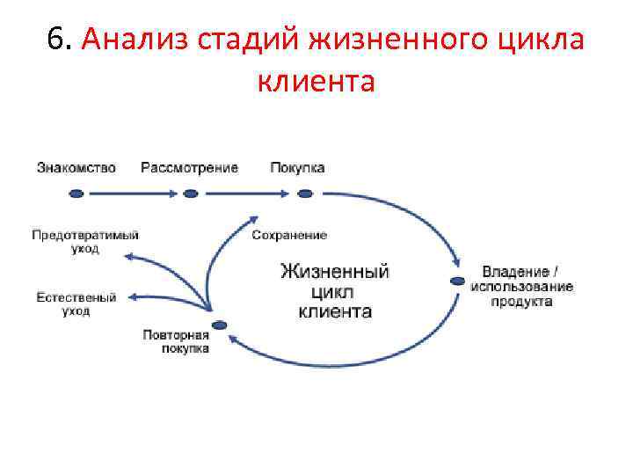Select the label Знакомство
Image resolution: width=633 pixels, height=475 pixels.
point(76,168)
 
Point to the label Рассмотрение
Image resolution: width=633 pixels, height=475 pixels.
point(189,168)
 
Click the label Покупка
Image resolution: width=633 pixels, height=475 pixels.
point(297,168)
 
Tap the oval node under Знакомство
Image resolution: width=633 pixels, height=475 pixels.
point(76,194)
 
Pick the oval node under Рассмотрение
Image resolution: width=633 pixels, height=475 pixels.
point(191,194)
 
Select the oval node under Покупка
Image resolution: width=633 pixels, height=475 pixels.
point(305,194)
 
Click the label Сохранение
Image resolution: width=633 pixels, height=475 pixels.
point(289,236)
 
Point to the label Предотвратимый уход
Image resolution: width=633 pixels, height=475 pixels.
point(85,242)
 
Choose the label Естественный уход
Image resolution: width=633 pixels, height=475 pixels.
point(76,304)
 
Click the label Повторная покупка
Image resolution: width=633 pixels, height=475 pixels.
point(176,341)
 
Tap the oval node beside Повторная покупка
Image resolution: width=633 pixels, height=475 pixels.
point(220,325)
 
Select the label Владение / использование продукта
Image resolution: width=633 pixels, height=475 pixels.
point(522,287)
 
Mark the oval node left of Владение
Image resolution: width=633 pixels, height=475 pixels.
point(457,281)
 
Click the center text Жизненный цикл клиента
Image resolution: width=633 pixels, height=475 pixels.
point(335,291)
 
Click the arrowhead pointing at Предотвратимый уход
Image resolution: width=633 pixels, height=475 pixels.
point(128,257)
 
